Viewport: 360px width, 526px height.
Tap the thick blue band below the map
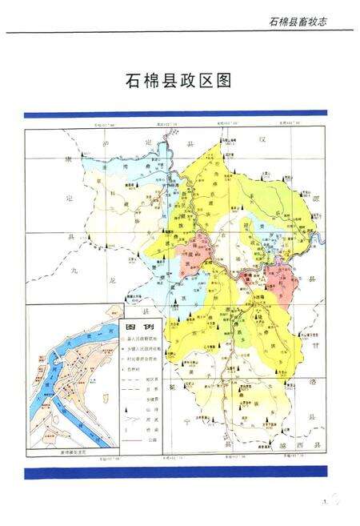pos(176,473)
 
